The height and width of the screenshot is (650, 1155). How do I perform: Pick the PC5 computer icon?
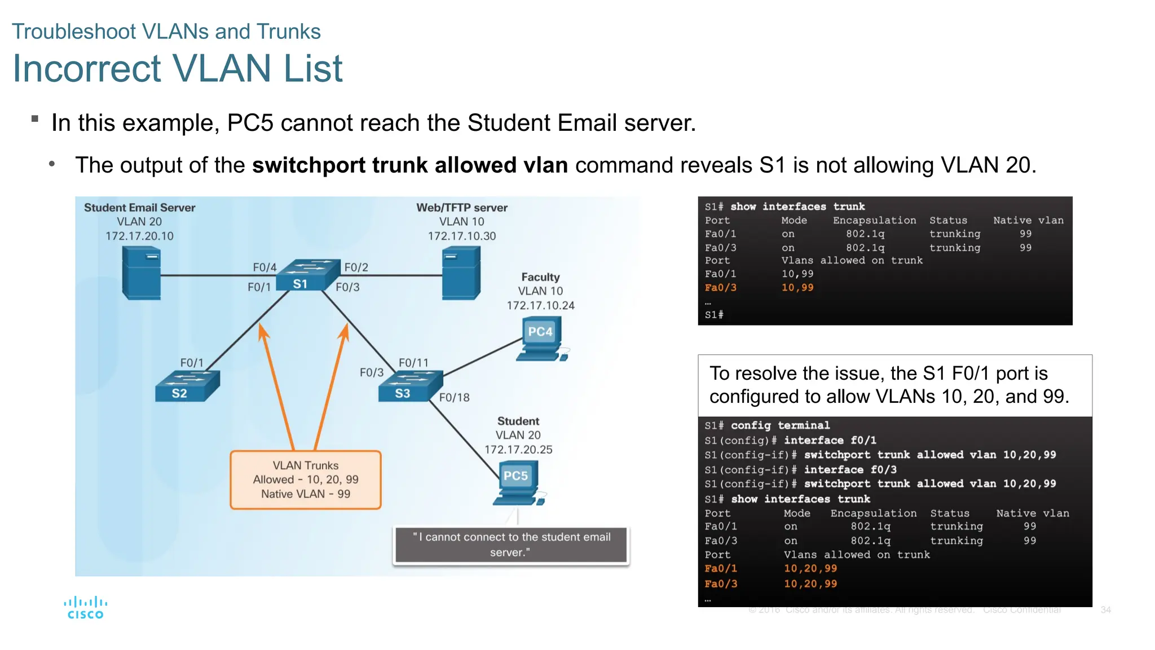(518, 482)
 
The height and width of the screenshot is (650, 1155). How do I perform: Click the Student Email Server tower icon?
(142, 273)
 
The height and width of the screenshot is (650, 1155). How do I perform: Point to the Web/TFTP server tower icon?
(461, 273)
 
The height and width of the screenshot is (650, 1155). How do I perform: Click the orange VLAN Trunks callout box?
(306, 480)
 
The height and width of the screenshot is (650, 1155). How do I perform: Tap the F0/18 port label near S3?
(454, 397)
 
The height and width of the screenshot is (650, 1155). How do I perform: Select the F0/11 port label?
(413, 363)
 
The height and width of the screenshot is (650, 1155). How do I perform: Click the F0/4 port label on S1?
(264, 267)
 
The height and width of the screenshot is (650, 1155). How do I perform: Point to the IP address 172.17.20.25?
(518, 450)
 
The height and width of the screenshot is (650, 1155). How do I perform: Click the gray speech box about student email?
(511, 544)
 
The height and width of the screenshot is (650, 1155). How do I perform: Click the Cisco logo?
(86, 608)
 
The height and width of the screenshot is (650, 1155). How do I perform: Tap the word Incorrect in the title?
(85, 68)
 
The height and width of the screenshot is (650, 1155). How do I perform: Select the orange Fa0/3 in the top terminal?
(720, 288)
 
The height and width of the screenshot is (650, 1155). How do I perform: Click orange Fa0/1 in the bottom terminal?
(720, 569)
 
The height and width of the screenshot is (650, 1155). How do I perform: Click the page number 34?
(1105, 610)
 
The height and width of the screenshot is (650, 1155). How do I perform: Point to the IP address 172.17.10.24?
(540, 305)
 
